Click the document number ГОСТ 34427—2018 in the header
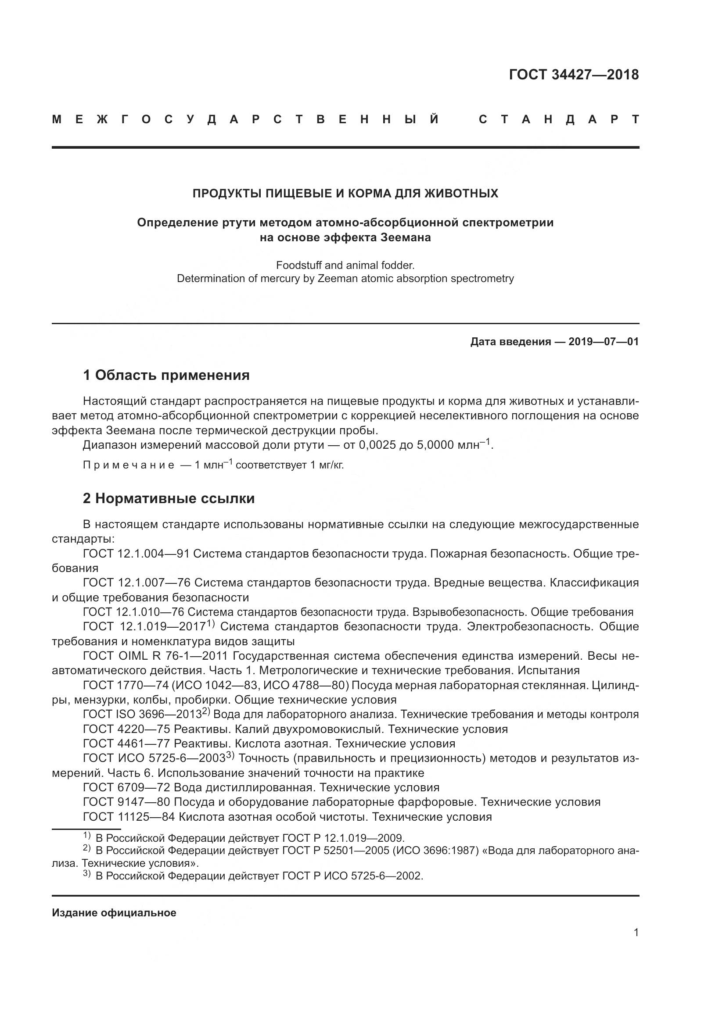click(x=574, y=75)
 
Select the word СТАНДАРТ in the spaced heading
click(x=558, y=120)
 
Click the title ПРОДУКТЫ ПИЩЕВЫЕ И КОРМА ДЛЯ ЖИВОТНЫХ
click(x=345, y=193)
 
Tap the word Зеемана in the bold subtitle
click(x=406, y=237)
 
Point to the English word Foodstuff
click(x=298, y=265)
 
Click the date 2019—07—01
click(x=604, y=342)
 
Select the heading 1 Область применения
click(x=166, y=375)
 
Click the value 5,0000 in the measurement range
click(x=435, y=445)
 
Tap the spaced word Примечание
click(x=129, y=465)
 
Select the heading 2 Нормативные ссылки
click(x=169, y=498)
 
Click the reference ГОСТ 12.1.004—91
click(x=137, y=554)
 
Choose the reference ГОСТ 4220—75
click(x=126, y=729)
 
